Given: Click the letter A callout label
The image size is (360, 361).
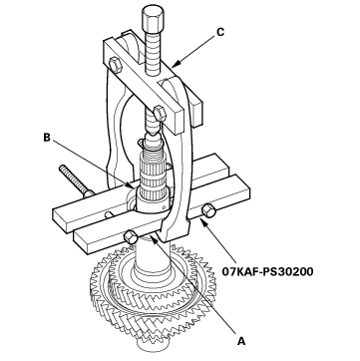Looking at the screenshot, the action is pos(241,341).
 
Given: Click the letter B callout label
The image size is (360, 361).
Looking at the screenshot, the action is pos(48,138).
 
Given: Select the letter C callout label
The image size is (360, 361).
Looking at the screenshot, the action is pos(220,32).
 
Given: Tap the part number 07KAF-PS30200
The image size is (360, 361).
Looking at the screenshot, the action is pos(267,272).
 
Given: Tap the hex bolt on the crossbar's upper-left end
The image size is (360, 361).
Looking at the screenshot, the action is pos(115,64).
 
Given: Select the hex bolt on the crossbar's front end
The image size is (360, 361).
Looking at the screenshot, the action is pos(159,114).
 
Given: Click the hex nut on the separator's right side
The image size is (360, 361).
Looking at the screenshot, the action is pos(208,211).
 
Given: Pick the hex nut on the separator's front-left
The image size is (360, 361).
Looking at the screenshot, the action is pos(129,238).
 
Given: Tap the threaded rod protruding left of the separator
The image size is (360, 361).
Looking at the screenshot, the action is pos(76,181).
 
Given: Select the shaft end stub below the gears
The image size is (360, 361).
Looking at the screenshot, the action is pos(152,348).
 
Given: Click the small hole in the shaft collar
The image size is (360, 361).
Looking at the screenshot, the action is pos(164,206).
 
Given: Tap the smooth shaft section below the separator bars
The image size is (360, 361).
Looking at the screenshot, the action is pos(153,257).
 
